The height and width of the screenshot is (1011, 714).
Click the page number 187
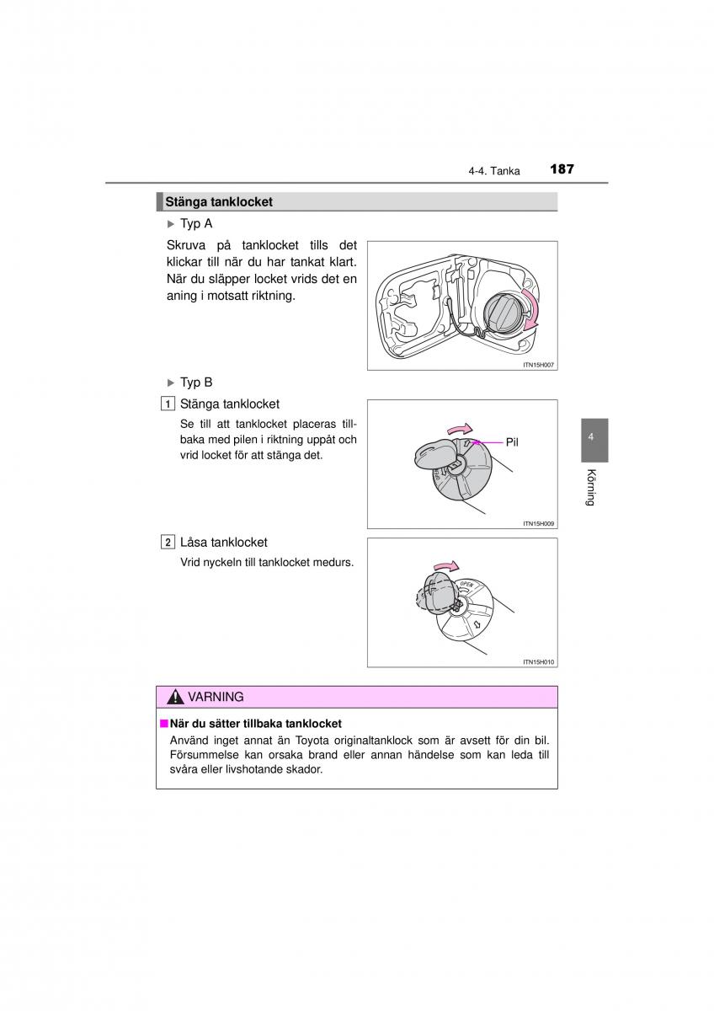point(562,169)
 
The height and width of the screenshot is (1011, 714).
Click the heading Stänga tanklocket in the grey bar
point(219,202)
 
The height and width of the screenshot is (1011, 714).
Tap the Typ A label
point(195,224)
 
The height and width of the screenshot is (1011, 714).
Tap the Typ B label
point(195,382)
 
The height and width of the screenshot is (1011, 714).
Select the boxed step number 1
point(168,404)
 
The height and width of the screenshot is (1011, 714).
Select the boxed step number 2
point(168,543)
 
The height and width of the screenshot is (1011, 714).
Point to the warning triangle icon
point(175,698)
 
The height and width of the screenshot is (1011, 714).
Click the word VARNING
point(216,698)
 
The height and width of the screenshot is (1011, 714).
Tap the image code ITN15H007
point(539,365)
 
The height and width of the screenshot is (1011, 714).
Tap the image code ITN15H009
point(539,523)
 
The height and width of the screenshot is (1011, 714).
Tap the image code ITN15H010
point(539,661)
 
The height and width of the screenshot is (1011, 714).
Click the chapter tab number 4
point(592,437)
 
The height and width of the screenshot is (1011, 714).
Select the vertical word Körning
point(592,487)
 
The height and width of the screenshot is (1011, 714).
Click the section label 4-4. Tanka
point(494,171)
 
